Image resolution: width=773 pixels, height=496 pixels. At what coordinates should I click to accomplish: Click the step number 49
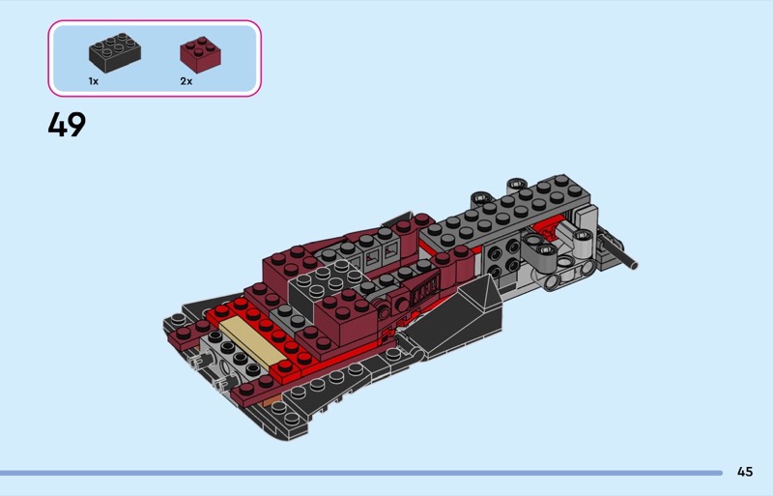[x=67, y=125]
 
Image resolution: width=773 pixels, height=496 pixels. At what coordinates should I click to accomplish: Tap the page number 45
[x=745, y=472]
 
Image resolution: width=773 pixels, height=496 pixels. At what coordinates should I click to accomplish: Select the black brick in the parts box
[x=115, y=53]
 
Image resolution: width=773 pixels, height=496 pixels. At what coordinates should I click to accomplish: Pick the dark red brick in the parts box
[x=200, y=54]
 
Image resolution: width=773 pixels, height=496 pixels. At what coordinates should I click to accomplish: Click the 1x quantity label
[x=93, y=81]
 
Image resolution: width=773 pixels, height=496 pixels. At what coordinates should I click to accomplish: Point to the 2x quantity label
[x=186, y=81]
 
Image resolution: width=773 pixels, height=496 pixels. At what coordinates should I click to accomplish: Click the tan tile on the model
[x=251, y=341]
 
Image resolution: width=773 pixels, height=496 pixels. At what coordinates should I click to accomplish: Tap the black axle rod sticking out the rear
[x=618, y=251]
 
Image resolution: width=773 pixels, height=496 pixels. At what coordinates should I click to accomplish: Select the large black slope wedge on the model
[x=456, y=318]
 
